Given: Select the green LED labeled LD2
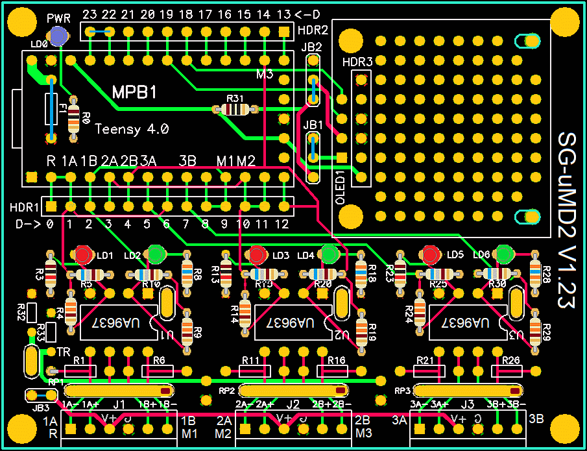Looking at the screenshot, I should [x=156, y=254].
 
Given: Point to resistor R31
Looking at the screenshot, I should [x=235, y=110].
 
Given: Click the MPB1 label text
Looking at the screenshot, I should [x=134, y=92].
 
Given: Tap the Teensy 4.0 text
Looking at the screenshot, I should [x=132, y=128].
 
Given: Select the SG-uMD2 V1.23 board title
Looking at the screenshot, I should [x=567, y=220].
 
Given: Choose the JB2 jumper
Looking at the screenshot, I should [x=314, y=80].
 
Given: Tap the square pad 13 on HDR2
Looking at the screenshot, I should [x=283, y=31].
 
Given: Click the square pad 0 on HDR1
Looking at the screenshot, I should [x=51, y=206].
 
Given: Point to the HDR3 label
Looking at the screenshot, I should [x=357, y=62].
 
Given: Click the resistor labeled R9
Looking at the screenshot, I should [x=187, y=328].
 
